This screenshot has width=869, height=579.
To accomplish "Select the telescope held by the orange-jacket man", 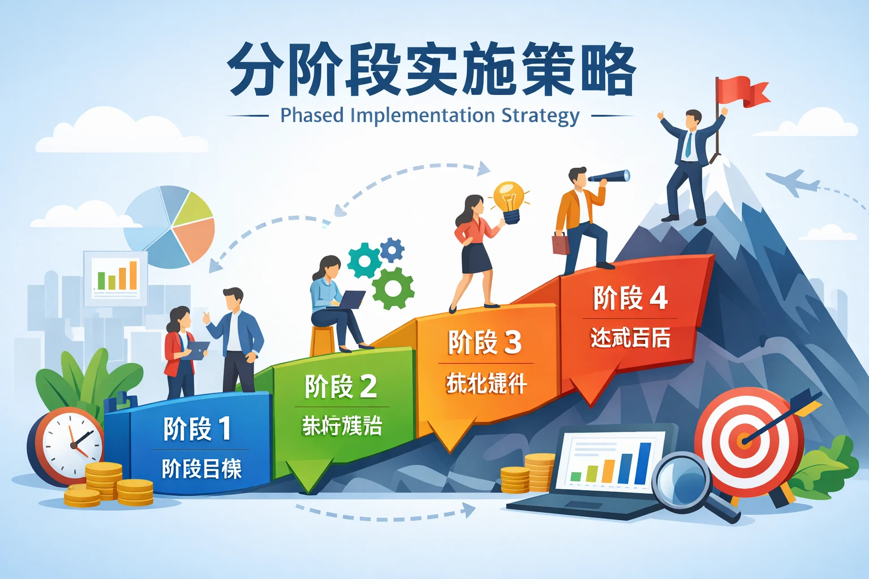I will [x=611, y=177].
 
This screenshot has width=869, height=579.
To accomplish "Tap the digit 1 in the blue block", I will [x=225, y=429].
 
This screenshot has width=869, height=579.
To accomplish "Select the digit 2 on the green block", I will [x=368, y=387].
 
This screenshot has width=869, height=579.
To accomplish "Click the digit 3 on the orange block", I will [x=512, y=343].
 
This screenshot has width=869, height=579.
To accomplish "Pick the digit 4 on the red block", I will [x=658, y=298].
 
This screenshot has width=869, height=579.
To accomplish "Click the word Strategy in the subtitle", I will [x=540, y=116].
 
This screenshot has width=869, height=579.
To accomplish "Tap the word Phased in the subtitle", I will [x=312, y=115].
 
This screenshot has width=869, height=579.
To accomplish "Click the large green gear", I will [x=393, y=288].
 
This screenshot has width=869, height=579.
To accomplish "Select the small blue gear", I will [x=392, y=249].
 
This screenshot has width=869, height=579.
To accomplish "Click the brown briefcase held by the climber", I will [x=560, y=244].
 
